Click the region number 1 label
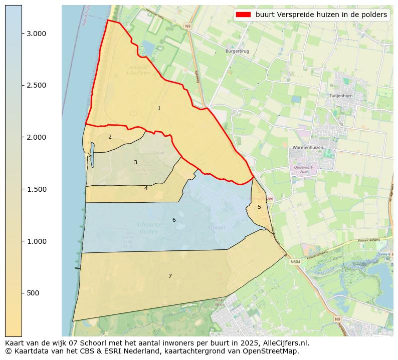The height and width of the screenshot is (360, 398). tap(159, 108)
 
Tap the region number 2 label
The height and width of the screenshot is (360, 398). tap(110, 137)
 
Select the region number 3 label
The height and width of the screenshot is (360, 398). tap(135, 162)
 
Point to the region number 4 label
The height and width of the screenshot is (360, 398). tap(146, 189)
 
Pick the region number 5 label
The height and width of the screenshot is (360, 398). tap(259, 207)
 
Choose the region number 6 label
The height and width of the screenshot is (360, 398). tap(174, 220)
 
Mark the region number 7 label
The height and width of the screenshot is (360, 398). tap(170, 276)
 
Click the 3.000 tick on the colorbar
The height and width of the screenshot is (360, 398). tap(36, 34)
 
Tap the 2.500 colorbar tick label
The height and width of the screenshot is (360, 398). tap(36, 85)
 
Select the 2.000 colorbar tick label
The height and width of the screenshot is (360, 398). tap(36, 137)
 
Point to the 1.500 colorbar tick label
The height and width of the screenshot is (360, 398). tap(36, 189)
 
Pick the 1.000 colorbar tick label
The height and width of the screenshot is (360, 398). tap(36, 241)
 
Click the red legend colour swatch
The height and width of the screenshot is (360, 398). tap(243, 15)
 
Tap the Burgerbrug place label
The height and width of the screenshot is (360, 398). tap(237, 51)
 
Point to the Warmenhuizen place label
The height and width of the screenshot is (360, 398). tap(308, 148)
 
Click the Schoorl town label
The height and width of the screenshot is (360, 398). tap(217, 227)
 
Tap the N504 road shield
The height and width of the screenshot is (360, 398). tap(296, 261)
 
